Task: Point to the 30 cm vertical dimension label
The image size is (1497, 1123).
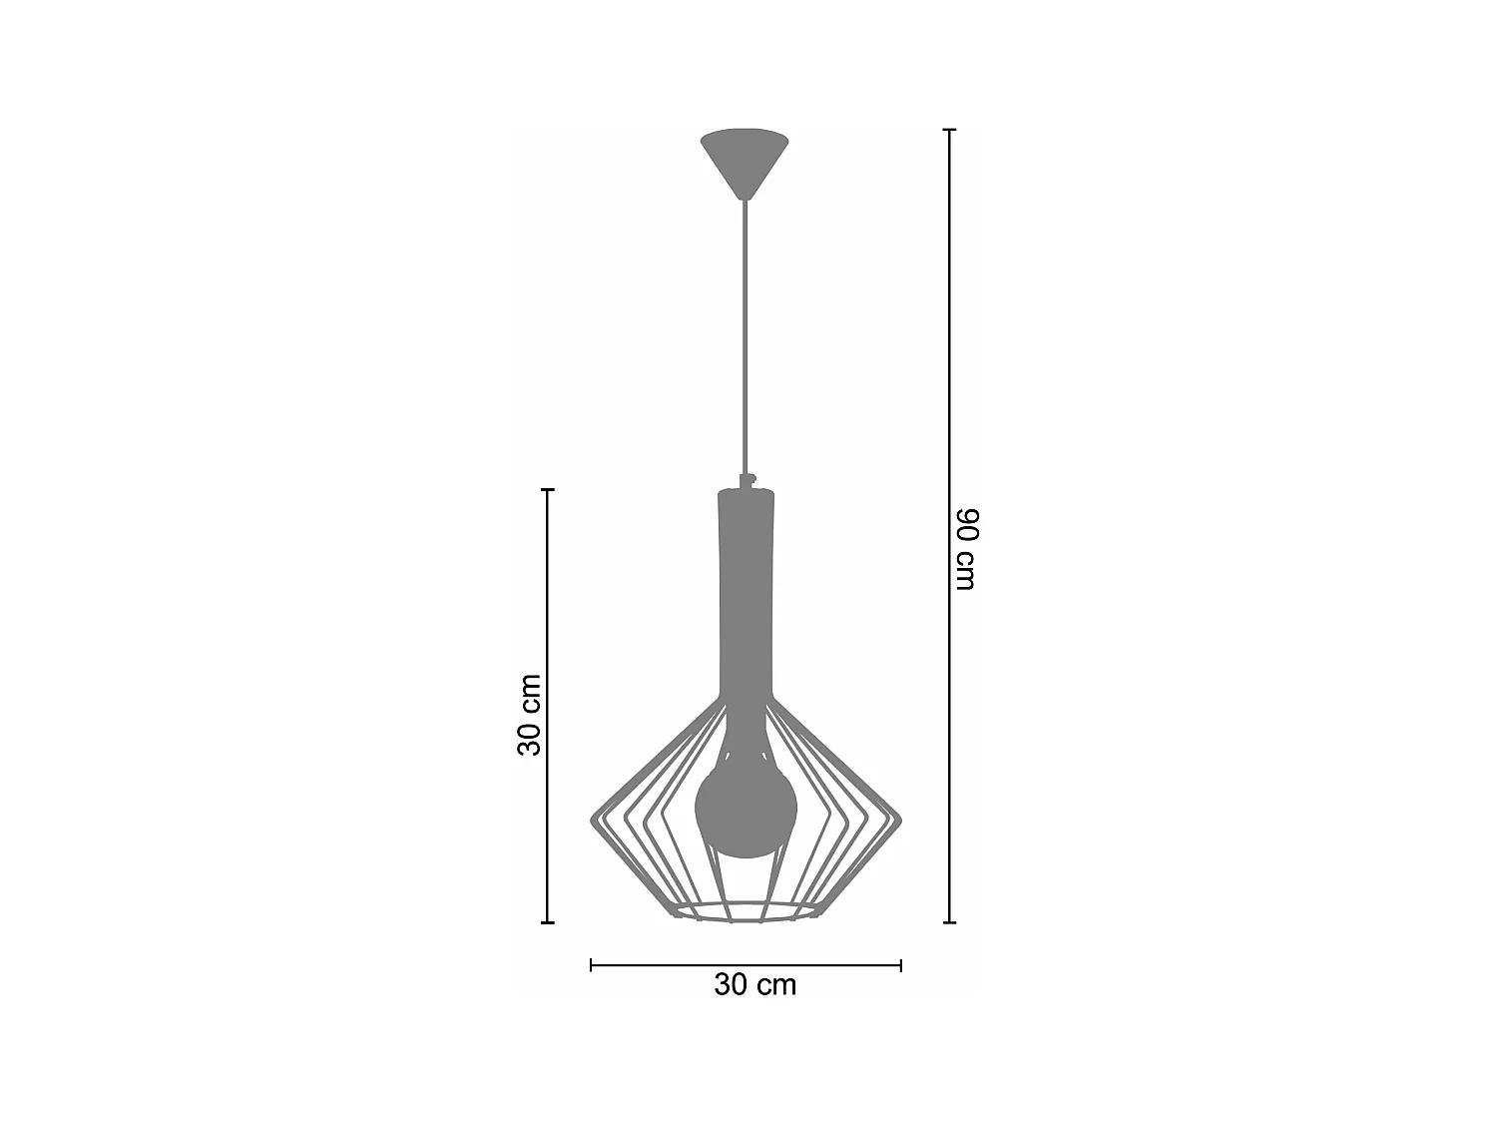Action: pos(529,715)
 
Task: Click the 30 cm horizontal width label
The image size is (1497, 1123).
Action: pos(755,985)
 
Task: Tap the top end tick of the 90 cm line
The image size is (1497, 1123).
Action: pos(949,131)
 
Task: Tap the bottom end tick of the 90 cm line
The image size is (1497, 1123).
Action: pos(949,922)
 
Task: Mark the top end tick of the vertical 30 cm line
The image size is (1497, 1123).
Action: pos(547,490)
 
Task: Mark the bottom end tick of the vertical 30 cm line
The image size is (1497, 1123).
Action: pos(547,922)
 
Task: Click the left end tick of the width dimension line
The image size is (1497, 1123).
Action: pos(592,965)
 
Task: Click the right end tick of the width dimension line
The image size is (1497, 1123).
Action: pos(901,965)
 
